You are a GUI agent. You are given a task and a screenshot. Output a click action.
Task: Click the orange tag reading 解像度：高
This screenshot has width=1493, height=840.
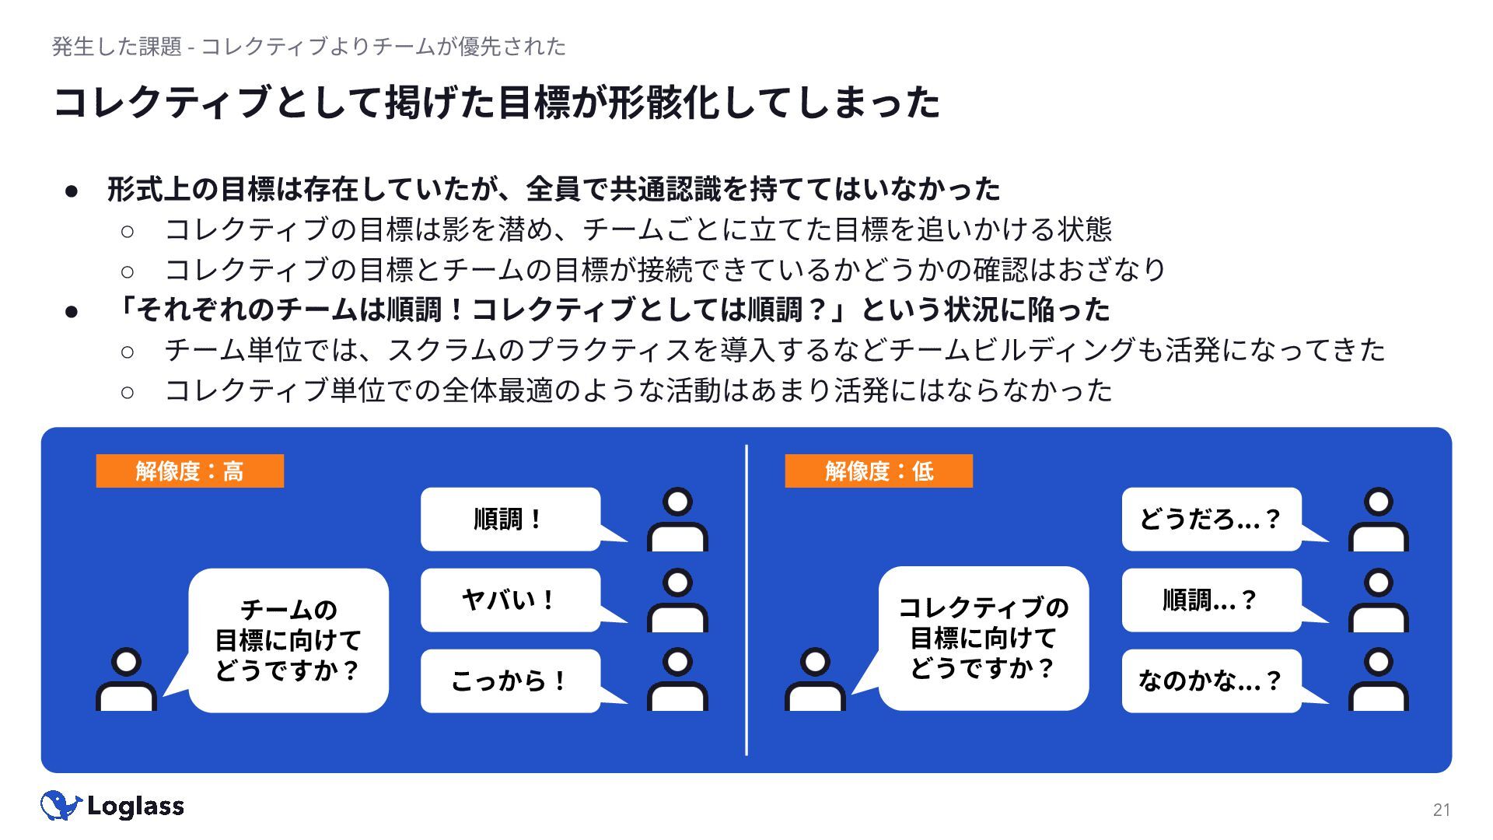pyautogui.click(x=190, y=471)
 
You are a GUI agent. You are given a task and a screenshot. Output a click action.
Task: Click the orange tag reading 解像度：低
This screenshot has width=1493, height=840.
pyautogui.click(x=879, y=471)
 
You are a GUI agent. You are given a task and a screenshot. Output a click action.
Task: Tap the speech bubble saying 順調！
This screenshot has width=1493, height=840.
pyautogui.click(x=510, y=519)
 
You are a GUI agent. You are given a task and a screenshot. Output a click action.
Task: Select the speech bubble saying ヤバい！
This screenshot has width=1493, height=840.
pyautogui.click(x=510, y=600)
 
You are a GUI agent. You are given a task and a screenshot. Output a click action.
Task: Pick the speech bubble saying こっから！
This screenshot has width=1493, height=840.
pyautogui.click(x=510, y=681)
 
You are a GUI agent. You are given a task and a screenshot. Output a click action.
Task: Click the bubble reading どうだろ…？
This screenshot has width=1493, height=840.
pyautogui.click(x=1211, y=519)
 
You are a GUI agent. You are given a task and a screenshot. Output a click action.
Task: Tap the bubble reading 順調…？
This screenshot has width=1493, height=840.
pyautogui.click(x=1211, y=600)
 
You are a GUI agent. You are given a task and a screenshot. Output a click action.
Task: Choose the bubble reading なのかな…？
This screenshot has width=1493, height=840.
pyautogui.click(x=1211, y=681)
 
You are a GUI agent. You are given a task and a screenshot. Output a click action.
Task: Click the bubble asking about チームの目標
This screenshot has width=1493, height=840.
pyautogui.click(x=288, y=640)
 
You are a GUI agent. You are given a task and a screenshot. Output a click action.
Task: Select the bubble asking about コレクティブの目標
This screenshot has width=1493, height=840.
pyautogui.click(x=984, y=638)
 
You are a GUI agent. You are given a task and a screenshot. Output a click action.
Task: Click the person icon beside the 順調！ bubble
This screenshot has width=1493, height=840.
pyautogui.click(x=677, y=520)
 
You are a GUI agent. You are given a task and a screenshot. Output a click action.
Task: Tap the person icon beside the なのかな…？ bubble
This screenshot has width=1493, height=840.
pyautogui.click(x=1378, y=681)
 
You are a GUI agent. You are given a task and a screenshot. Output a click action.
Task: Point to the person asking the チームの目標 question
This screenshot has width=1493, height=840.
pyautogui.click(x=126, y=680)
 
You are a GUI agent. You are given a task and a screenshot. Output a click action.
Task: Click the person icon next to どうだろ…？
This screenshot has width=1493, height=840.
pyautogui.click(x=1378, y=520)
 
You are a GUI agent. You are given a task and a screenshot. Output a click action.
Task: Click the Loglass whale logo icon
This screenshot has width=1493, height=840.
pyautogui.click(x=60, y=806)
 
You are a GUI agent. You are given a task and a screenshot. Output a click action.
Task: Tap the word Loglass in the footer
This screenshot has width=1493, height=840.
pyautogui.click(x=136, y=807)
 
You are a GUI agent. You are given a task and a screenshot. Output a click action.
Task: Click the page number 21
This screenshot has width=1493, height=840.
pyautogui.click(x=1441, y=810)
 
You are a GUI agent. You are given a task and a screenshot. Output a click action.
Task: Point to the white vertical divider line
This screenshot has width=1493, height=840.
pyautogui.click(x=746, y=599)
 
